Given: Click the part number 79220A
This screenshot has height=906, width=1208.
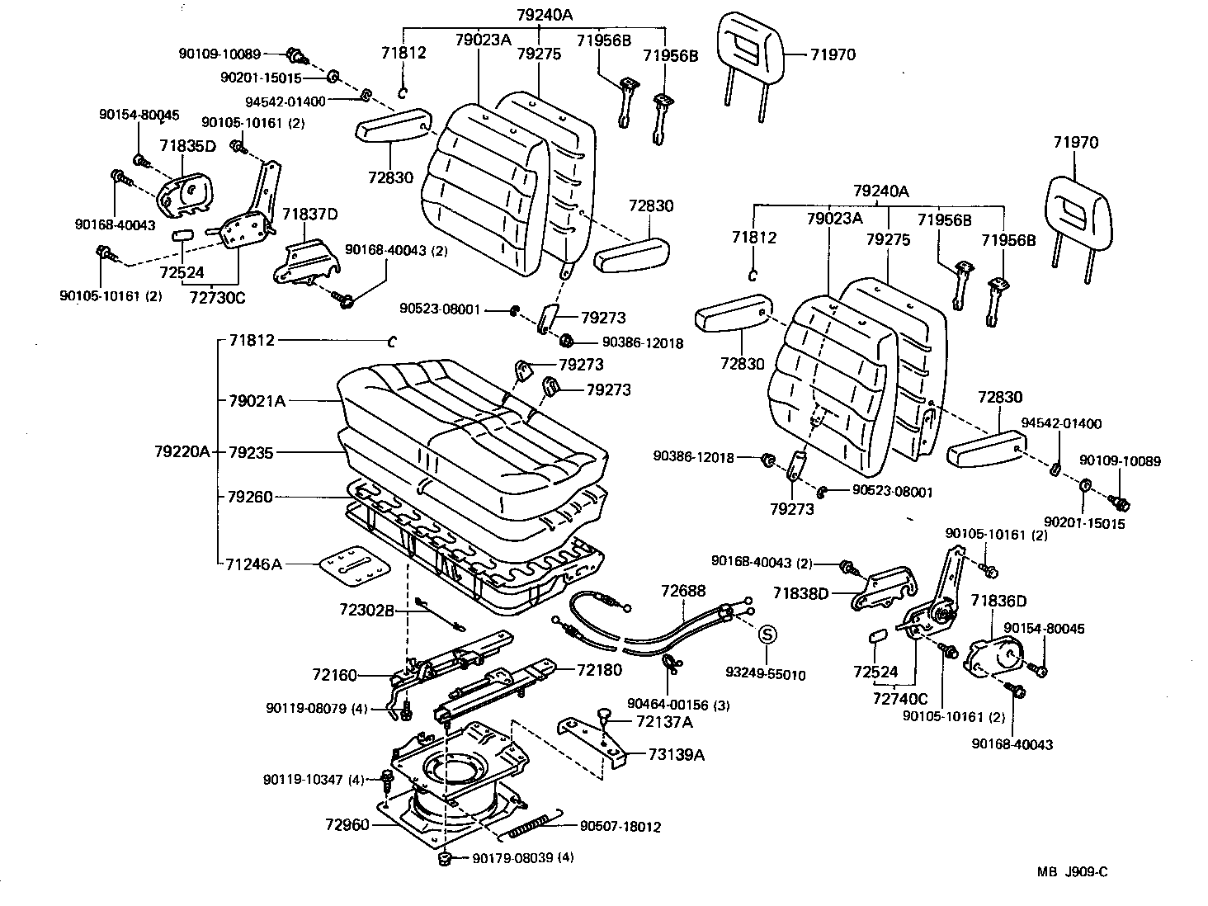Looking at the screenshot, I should tap(182, 452).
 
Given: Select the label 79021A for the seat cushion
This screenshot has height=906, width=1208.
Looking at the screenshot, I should tap(257, 401).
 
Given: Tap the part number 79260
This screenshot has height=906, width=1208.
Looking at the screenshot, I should tap(250, 497).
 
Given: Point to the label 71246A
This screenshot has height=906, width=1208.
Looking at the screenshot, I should tap(253, 564).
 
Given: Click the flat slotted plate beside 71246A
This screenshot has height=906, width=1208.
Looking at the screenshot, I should tap(354, 566).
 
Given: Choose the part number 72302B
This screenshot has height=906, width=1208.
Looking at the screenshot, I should tap(366, 611).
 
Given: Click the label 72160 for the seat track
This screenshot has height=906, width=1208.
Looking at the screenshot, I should tap(334, 676).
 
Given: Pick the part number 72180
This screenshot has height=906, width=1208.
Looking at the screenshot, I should tap(600, 670).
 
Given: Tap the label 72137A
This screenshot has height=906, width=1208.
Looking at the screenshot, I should tap(664, 722).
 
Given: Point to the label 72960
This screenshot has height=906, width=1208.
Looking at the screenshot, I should tap(347, 824).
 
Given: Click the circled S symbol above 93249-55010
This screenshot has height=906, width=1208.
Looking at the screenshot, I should tap(767, 635).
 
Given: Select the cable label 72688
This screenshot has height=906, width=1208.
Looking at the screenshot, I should tap(683, 591).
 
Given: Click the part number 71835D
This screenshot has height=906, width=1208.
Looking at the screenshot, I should tap(187, 146).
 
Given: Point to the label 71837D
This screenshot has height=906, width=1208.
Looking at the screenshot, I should tap(310, 215).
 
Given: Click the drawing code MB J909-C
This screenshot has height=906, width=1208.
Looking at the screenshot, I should tap(1073, 871).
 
